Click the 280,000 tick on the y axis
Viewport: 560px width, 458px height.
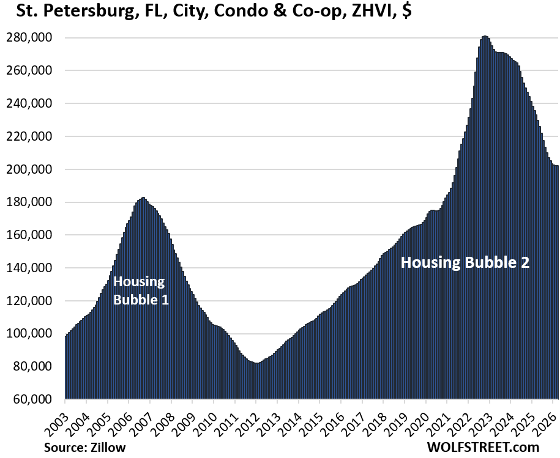coord(34,38)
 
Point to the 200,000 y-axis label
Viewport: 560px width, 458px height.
coord(34,169)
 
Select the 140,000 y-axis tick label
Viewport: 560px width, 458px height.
coord(34,268)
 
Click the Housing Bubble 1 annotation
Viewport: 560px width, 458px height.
coord(140,291)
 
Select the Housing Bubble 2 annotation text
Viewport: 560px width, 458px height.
coord(465,263)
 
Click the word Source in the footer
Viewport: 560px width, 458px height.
coord(64,448)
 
